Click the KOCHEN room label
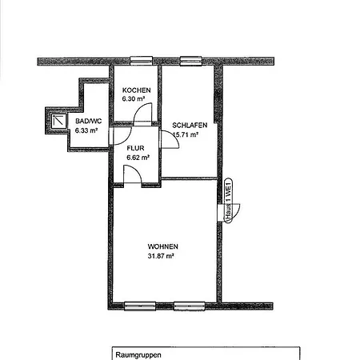(136, 90)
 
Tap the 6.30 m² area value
(134, 98)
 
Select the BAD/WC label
(88, 121)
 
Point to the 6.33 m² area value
(86, 130)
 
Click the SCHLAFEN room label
(190, 125)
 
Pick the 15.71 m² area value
(186, 134)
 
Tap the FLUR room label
(135, 148)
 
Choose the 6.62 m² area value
(138, 158)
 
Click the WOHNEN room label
(163, 246)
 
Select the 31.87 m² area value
(161, 256)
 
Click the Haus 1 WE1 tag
(228, 200)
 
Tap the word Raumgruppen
(138, 355)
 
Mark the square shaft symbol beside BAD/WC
(59, 121)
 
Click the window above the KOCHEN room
(142, 61)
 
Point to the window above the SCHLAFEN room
(190, 61)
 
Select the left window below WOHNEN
(140, 306)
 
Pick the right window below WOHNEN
(190, 306)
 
